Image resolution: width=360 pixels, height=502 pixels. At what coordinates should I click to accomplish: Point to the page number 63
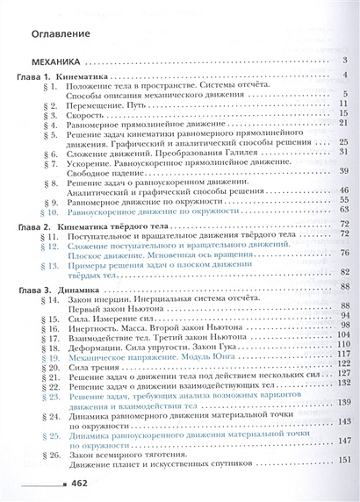click(343, 210)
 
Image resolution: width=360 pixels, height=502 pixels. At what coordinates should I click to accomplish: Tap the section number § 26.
click(47, 448)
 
